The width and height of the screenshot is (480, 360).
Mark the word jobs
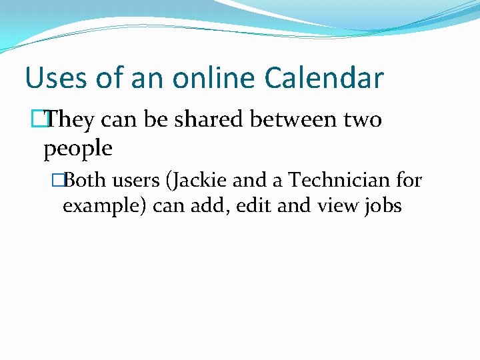383,206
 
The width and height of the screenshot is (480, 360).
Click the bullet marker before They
47,120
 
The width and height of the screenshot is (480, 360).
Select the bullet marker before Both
65,180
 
